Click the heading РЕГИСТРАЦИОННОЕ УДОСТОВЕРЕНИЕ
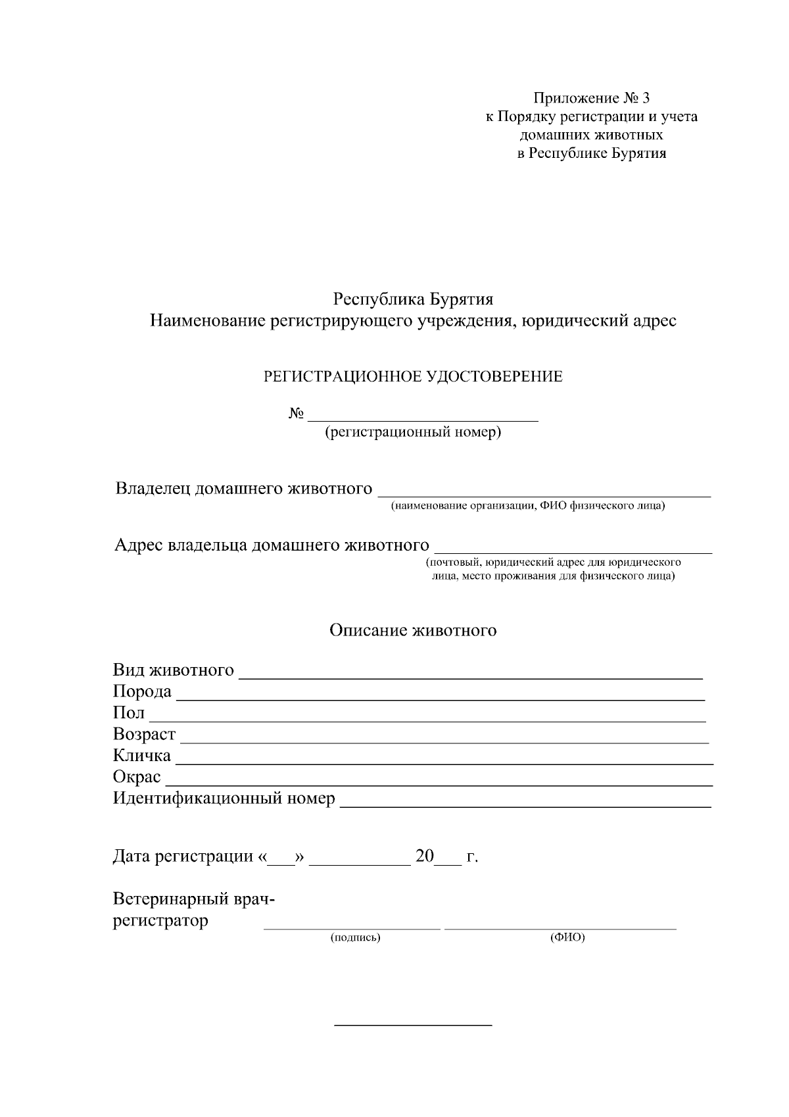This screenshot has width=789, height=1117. tap(413, 377)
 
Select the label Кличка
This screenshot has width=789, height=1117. tap(141, 755)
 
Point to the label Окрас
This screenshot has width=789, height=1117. tap(137, 777)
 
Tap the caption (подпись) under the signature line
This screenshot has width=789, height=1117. tap(355, 937)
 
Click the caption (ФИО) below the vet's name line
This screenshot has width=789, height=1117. tap(567, 937)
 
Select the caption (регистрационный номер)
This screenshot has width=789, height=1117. tap(413, 432)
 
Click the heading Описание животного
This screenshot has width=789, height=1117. tap(413, 630)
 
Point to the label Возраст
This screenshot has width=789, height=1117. tap(144, 734)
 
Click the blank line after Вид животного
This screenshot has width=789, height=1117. tap(470, 676)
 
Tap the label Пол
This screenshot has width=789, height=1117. tap(129, 713)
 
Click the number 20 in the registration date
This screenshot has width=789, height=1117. tap(425, 856)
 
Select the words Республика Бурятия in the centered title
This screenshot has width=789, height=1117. tap(413, 300)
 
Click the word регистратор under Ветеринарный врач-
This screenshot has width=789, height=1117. tap(160, 920)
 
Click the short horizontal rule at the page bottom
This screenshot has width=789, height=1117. tap(413, 1025)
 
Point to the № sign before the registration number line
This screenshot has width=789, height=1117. tap(296, 414)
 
